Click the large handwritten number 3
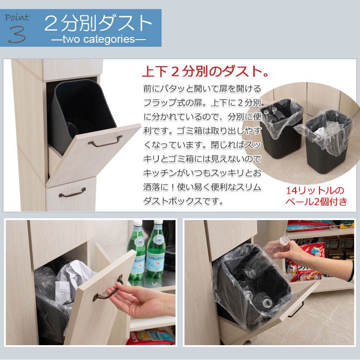point(17,34)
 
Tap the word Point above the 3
point(17,17)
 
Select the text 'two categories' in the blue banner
point(99,39)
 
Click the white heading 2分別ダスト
point(98,23)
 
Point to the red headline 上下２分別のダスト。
point(206,72)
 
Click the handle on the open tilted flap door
point(105,141)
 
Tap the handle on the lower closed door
point(72,193)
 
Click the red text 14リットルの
point(315,190)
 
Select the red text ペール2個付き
point(316,202)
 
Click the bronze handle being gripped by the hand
point(107,288)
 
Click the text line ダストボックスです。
point(183,201)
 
